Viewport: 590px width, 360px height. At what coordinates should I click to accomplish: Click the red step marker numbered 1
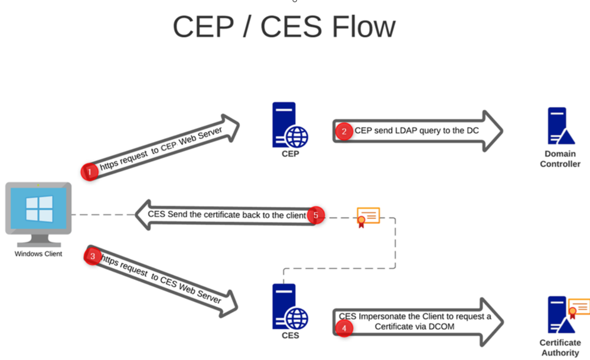[89, 172]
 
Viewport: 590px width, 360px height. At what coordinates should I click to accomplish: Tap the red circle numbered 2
[344, 131]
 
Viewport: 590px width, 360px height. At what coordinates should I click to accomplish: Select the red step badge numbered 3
[93, 256]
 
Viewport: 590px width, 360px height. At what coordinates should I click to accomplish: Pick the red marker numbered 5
[315, 215]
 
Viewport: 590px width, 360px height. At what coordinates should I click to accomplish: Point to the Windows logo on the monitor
[39, 209]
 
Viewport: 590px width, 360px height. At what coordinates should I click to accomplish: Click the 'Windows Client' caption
[38, 254]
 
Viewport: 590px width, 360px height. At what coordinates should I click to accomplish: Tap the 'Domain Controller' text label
[560, 159]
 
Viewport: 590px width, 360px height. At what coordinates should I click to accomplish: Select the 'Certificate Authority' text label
[560, 348]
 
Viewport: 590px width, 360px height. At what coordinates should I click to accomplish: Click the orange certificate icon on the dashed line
[368, 217]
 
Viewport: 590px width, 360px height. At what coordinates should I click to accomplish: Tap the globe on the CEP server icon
[296, 136]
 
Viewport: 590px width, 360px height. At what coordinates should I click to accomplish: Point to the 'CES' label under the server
[290, 335]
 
